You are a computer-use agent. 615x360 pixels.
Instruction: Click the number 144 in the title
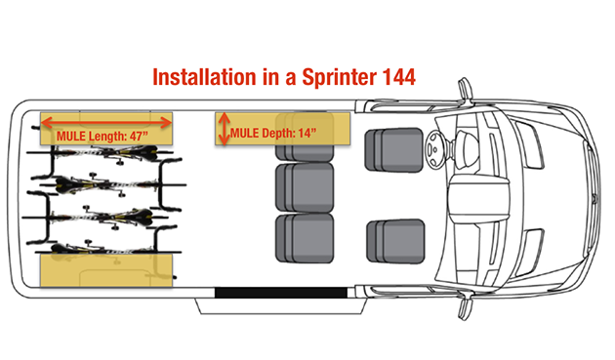[x=398, y=77]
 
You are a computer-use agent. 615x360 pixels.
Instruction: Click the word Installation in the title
[x=204, y=77]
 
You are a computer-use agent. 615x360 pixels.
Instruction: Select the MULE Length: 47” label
[x=102, y=136]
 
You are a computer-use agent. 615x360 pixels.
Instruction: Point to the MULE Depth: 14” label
[x=273, y=134]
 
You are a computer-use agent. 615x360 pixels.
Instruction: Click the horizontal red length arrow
[x=106, y=123]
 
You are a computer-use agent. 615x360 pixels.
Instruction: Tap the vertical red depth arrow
[x=224, y=129]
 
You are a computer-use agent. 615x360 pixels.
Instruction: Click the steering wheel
[x=434, y=149]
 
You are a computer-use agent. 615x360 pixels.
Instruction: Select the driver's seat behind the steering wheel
[x=393, y=150]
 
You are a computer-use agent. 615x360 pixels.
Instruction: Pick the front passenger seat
[x=395, y=241]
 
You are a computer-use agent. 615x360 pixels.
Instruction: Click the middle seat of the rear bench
[x=305, y=187]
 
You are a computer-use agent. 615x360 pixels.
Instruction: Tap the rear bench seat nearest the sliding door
[x=305, y=238]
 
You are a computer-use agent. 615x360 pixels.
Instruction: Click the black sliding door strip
[x=281, y=293]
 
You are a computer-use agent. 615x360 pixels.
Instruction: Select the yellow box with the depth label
[x=282, y=129]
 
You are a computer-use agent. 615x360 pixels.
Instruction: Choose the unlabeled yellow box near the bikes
[x=106, y=270]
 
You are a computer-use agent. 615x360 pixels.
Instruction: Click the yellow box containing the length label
[x=106, y=129]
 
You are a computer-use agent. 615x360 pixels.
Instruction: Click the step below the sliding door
[x=281, y=306]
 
